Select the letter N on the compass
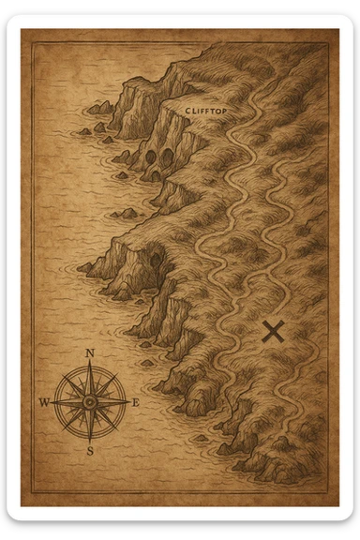coord(90,353)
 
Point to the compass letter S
coord(91,451)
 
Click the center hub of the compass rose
coord(90,402)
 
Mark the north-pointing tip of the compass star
coord(90,364)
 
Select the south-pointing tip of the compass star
coord(90,441)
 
